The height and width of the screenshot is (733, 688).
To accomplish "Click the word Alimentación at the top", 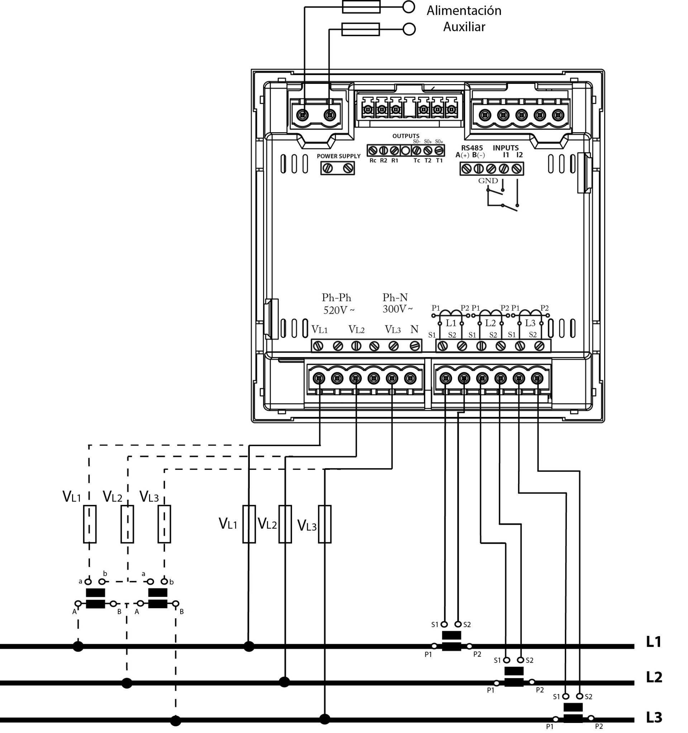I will click(463, 11).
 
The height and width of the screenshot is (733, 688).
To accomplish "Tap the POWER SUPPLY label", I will click(338, 156).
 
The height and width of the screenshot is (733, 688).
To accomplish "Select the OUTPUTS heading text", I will click(406, 136).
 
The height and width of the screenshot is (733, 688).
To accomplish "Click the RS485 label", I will click(472, 148).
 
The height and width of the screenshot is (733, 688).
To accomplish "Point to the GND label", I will click(488, 181).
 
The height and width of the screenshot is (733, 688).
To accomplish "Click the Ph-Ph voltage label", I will click(336, 298).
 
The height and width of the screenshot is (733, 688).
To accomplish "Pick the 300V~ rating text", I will click(397, 309).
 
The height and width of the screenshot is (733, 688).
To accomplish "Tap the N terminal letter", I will click(415, 329).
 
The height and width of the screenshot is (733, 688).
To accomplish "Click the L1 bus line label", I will click(654, 642).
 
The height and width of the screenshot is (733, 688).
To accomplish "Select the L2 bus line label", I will click(654, 677).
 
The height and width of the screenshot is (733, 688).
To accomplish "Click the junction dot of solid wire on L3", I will click(324, 719).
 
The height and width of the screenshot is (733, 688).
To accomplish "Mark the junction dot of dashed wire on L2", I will click(127, 683).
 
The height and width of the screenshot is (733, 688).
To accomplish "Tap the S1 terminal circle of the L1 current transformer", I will click(444, 624).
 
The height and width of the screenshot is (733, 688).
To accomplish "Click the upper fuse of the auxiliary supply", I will click(361, 7).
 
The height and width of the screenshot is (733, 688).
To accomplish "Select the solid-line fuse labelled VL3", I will click(324, 524).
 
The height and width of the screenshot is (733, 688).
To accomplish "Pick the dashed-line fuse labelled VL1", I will click(90, 524).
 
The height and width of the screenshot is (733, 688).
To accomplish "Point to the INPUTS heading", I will click(506, 148).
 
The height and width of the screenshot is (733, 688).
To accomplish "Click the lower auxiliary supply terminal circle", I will click(409, 29).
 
